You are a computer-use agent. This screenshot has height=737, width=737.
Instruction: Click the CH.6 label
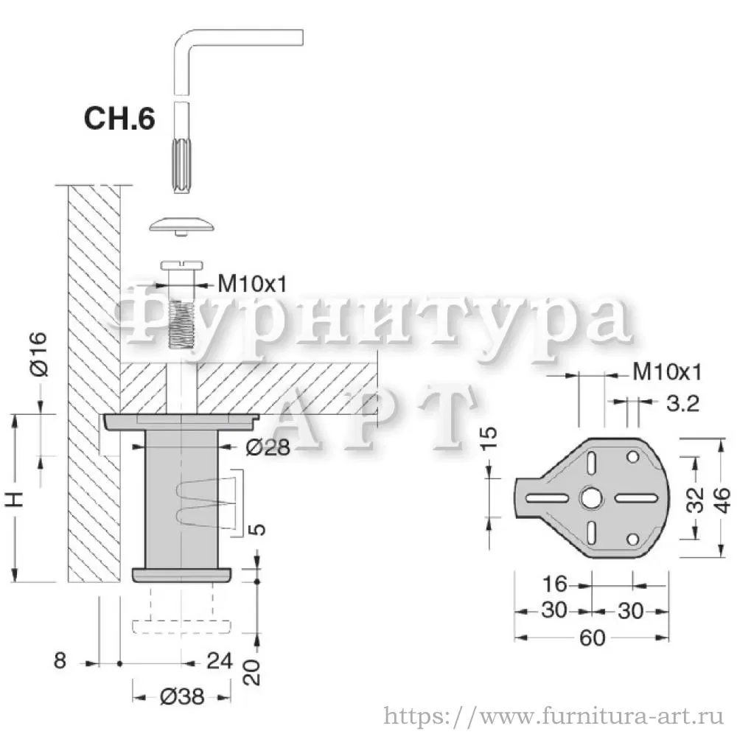[x=119, y=119]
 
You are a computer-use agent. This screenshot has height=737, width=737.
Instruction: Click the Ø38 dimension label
[x=182, y=696]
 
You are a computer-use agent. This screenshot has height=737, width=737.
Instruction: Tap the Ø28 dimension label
[x=268, y=447]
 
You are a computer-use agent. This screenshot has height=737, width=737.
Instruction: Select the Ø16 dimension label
[x=38, y=354]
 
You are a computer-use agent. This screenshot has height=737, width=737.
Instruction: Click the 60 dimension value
[x=593, y=638]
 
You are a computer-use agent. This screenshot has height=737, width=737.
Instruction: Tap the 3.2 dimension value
[x=682, y=403]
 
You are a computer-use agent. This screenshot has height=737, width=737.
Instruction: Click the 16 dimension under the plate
[x=555, y=584]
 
